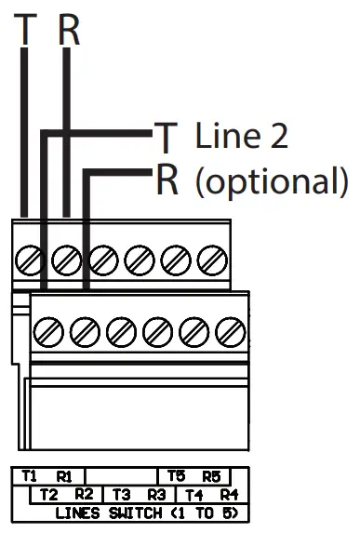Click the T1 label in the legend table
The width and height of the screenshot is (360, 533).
coord(29,475)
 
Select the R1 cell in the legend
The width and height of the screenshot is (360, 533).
coord(63,475)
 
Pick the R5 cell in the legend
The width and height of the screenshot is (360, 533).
coord(210,475)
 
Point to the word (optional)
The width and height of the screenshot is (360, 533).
coord(272,180)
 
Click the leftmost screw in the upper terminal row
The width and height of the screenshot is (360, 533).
coord(30,256)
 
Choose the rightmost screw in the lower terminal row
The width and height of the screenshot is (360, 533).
coord(228,328)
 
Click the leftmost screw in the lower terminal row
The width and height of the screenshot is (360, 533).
coord(48,328)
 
